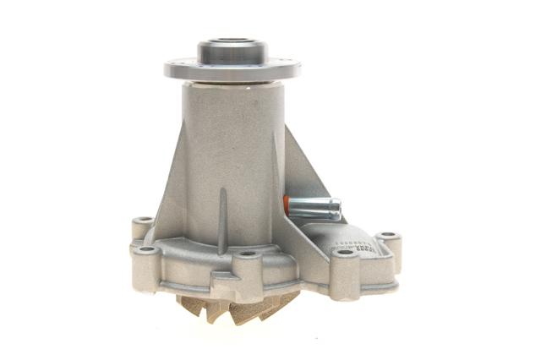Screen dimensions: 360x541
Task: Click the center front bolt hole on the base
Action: (x=246, y=254)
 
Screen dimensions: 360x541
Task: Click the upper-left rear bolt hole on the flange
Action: (x=141, y=221)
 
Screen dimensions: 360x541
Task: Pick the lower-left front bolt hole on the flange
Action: (x=146, y=250)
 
